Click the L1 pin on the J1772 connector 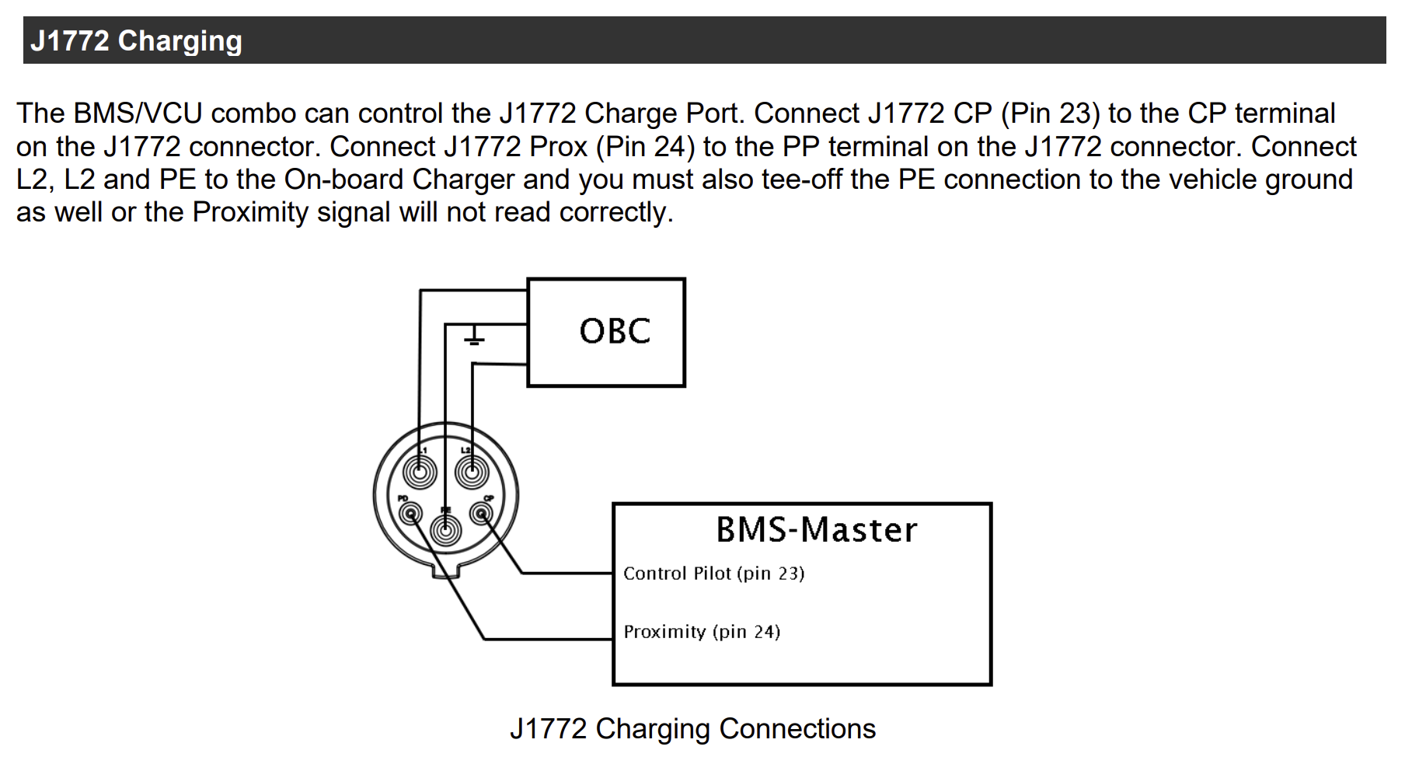coord(420,472)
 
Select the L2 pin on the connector coord(471,472)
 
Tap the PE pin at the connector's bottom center coord(445,532)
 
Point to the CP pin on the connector coord(482,512)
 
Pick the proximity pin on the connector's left coord(410,512)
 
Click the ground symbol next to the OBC coord(474,337)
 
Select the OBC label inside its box coord(614,332)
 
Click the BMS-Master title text coord(816,530)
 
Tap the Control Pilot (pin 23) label coord(713,574)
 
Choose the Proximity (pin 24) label coord(701,632)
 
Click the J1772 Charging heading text coord(136,40)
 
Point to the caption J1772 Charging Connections coord(692,729)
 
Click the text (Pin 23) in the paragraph coord(1050,113)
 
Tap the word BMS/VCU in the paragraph coord(138,113)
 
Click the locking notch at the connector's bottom coord(446,573)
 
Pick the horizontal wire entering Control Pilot coord(567,574)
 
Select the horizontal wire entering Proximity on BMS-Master coord(548,639)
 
